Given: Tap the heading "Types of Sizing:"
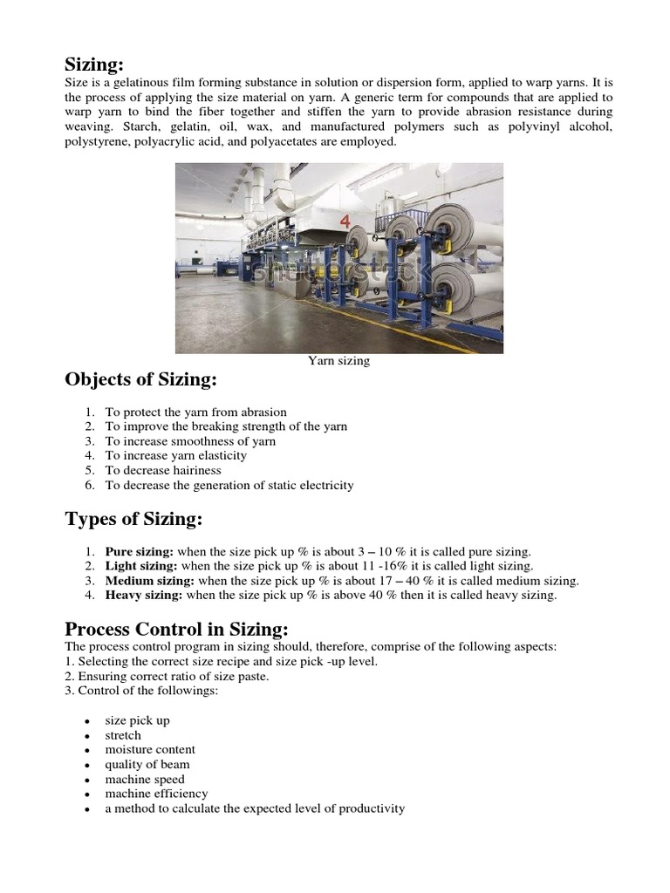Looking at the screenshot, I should [133, 520].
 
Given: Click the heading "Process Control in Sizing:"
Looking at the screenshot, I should [176, 629].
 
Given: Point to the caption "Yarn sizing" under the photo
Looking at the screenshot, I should [338, 361].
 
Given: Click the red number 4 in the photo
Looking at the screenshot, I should [346, 222].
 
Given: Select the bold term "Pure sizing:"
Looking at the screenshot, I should [140, 552].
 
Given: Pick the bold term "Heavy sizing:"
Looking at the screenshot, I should [144, 596].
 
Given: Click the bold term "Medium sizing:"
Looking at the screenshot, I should [150, 581].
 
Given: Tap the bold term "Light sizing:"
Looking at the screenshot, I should [141, 566].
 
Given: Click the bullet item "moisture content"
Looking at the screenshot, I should [150, 750].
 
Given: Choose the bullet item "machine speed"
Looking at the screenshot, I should [145, 780].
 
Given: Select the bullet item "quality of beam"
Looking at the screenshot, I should [147, 765].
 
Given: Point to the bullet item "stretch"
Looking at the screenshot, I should [123, 735].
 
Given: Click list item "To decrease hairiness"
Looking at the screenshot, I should [163, 470].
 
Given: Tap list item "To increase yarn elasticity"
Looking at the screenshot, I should [176, 455].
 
